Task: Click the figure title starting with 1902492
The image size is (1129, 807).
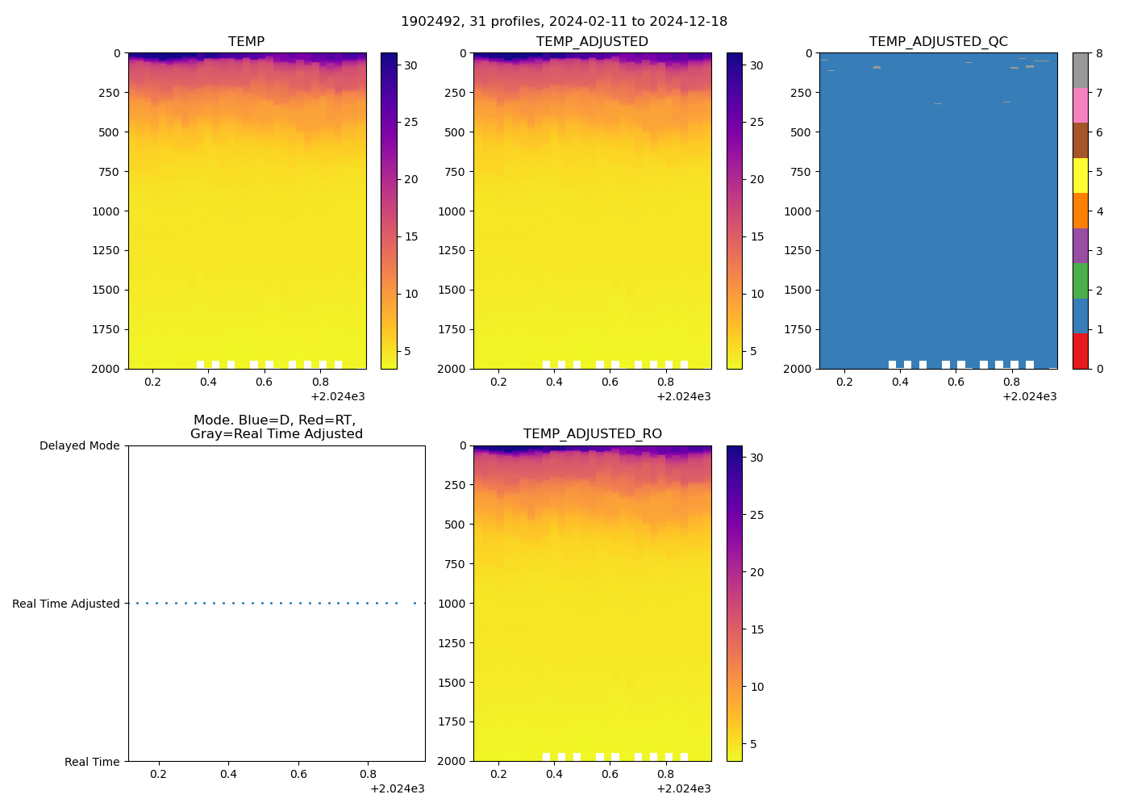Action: [x=564, y=22]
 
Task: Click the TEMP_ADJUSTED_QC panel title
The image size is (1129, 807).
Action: [x=938, y=42]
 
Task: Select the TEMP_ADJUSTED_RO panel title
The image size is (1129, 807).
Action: [x=592, y=434]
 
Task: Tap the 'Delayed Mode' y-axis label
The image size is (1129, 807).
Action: [x=79, y=446]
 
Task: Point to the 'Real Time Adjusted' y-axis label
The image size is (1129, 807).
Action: [x=65, y=604]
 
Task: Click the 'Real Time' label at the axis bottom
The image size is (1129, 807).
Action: [x=92, y=762]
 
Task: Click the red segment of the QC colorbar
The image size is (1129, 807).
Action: [x=1080, y=351]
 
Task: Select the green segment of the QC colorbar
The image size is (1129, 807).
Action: [x=1080, y=281]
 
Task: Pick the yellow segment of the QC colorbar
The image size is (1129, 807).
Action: [x=1080, y=176]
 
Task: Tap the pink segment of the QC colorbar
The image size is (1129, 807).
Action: [x=1080, y=106]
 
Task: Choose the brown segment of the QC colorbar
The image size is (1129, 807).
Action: [x=1080, y=140]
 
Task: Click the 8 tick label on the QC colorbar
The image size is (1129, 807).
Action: [x=1099, y=54]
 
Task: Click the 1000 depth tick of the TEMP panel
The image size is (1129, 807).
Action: [x=106, y=211]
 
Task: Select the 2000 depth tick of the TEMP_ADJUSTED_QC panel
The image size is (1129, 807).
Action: [x=798, y=369]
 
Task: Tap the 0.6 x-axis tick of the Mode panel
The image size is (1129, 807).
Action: [x=298, y=775]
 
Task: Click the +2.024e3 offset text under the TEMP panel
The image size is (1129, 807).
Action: [x=337, y=396]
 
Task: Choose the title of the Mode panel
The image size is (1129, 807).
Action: [x=276, y=427]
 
